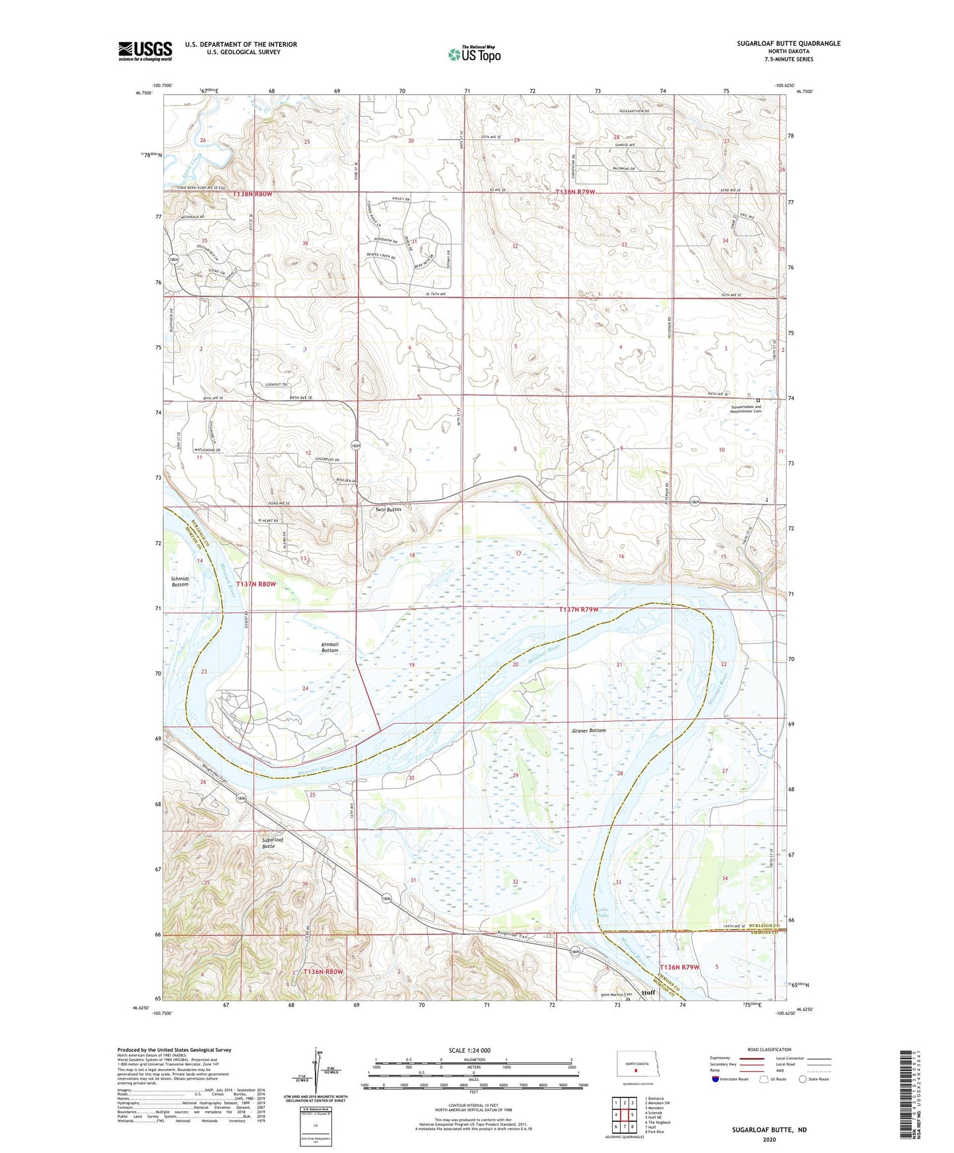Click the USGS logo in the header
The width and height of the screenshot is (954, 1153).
point(145,51)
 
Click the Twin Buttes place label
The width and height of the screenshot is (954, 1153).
point(388,510)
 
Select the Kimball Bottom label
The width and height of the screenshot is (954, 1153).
point(329,647)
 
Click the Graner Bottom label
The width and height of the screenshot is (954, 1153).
point(589,730)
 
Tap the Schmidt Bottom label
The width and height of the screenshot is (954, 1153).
point(180,581)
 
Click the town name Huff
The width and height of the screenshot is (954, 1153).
point(648,993)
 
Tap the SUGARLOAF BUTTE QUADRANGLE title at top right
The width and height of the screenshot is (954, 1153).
point(788,44)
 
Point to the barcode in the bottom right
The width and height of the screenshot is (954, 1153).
point(910,1094)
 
